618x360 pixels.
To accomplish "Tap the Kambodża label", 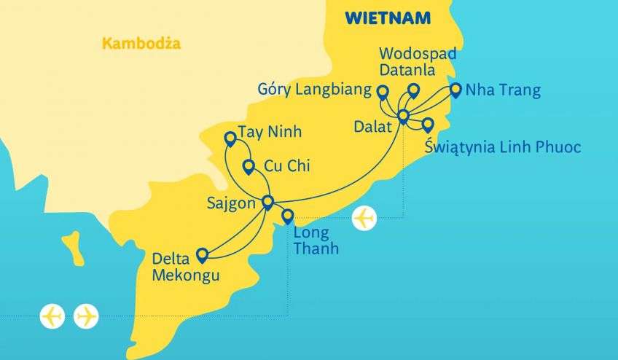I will click(141, 44).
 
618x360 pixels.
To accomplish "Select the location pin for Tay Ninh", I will click(230, 137).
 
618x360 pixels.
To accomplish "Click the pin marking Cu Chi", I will click(249, 166).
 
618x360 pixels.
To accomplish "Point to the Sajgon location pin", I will click(267, 201).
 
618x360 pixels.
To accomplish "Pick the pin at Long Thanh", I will click(288, 215).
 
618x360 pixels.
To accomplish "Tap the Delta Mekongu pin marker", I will click(202, 254).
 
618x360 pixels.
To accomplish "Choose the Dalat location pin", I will click(403, 115).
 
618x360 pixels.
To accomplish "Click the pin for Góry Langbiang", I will click(382, 91).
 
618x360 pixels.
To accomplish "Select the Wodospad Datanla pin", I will click(413, 90).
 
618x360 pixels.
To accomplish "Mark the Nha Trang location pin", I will click(455, 90).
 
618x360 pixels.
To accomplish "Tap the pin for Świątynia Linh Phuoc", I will click(428, 124).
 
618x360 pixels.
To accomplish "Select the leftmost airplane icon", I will click(52, 316).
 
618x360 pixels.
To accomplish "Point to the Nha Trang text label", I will click(503, 91).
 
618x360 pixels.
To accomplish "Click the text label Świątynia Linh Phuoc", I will click(502, 148).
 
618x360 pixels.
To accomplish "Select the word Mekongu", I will click(185, 275).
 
